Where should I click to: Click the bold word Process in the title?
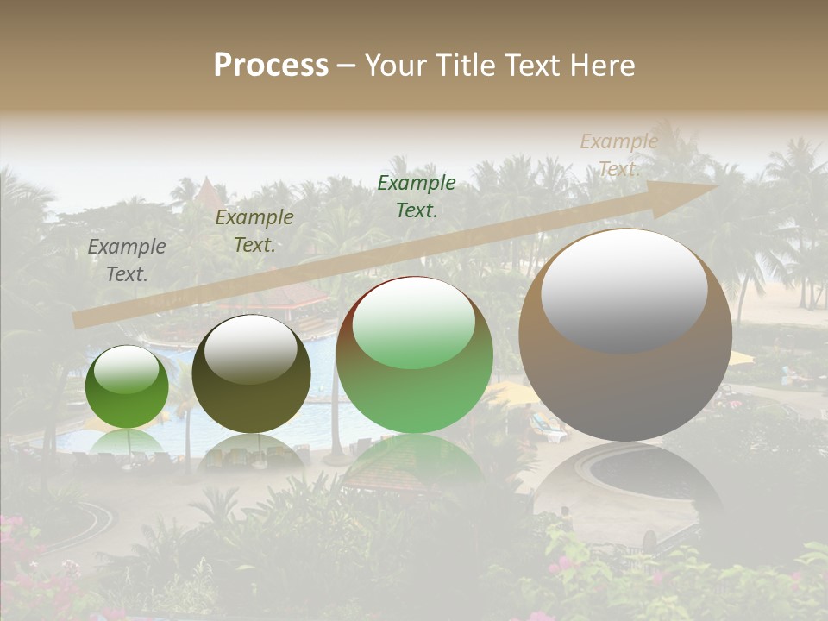click(x=271, y=66)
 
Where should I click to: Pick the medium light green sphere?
click(x=414, y=355)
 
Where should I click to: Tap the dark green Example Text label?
click(x=417, y=196)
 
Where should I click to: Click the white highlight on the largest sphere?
click(x=624, y=289)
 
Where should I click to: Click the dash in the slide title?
click(x=347, y=66)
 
